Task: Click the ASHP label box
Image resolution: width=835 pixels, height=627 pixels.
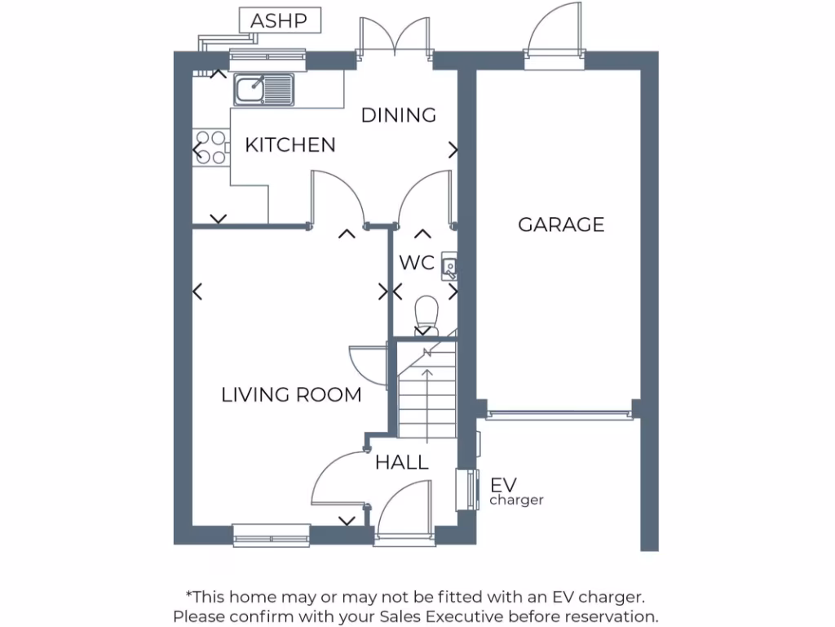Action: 279,20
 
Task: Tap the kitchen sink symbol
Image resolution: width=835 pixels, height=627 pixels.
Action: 263,89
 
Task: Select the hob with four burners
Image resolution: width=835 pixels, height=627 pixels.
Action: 210,148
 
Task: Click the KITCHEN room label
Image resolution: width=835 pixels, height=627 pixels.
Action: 290,145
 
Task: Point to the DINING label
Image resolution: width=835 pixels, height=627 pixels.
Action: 398,115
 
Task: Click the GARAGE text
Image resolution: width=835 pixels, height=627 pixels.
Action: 561,225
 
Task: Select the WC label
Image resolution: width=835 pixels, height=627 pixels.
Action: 416,264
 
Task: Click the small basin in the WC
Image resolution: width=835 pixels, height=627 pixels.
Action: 449,265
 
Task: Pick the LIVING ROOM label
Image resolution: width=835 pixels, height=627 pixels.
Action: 291,395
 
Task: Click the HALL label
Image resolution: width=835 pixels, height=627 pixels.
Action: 401,463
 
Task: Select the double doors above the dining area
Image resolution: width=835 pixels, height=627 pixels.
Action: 394,37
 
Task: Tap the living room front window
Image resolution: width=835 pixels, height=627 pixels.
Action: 271,535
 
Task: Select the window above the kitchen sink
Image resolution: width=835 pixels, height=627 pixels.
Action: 267,57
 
